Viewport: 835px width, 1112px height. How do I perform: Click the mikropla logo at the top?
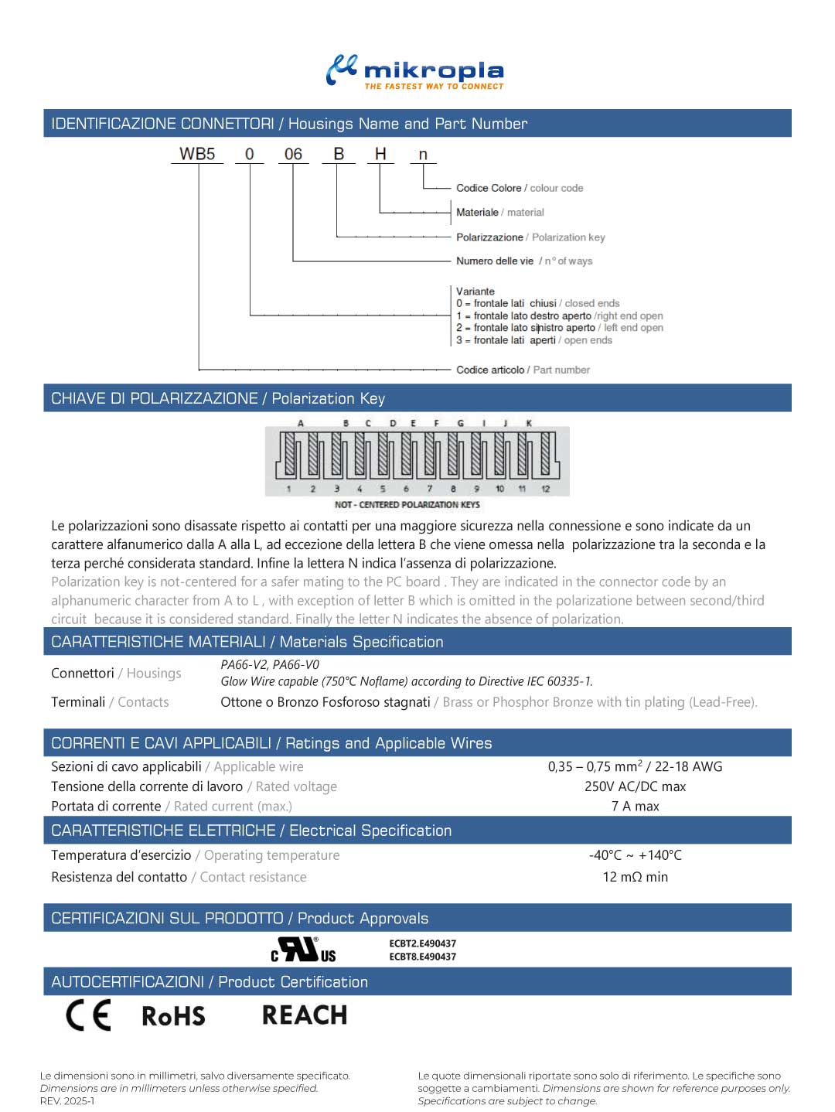[x=415, y=72]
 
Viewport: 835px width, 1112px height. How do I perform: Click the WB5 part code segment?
[x=197, y=154]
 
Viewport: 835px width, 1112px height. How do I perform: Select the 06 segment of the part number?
[x=293, y=154]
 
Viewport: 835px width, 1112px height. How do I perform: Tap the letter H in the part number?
[x=380, y=154]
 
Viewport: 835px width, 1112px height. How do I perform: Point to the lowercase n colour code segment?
[x=423, y=155]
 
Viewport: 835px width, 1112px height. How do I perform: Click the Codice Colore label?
[x=488, y=188]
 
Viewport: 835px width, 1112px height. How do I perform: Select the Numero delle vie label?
[x=495, y=261]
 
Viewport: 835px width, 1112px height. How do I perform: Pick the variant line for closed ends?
[x=537, y=304]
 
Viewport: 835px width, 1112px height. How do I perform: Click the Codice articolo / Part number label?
[x=523, y=370]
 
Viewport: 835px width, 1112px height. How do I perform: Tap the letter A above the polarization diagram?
[x=301, y=423]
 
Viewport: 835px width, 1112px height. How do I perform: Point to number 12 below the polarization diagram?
[x=546, y=489]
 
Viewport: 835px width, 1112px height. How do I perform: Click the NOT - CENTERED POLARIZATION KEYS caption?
[x=407, y=505]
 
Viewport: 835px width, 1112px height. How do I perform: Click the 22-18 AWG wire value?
[x=688, y=766]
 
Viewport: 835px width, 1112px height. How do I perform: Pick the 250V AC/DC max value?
[x=635, y=786]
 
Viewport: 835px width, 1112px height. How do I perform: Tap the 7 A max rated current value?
[x=635, y=807]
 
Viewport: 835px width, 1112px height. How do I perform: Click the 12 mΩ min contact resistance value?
[x=635, y=877]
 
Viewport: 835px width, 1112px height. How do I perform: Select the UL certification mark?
[x=303, y=950]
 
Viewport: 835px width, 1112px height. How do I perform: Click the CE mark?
[x=88, y=1015]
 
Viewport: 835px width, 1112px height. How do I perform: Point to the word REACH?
[x=305, y=1015]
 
